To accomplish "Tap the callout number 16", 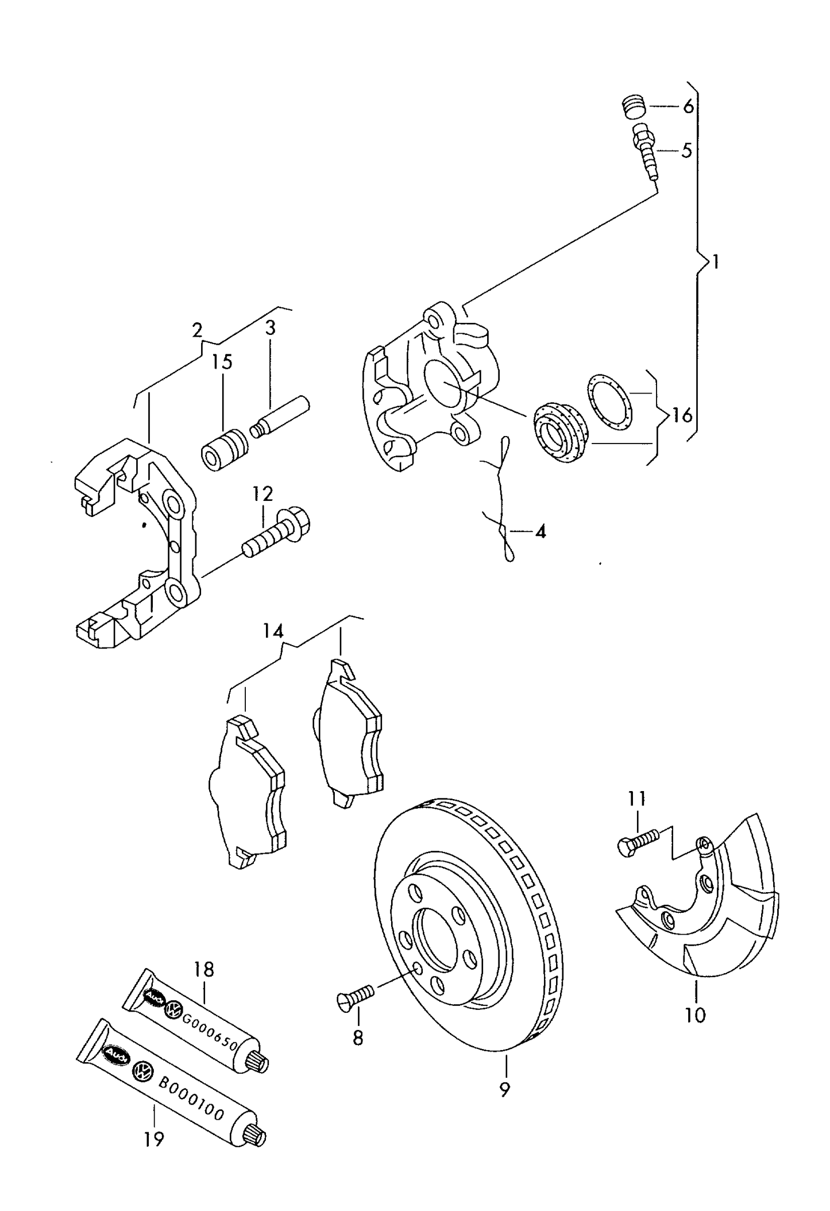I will coord(682,415).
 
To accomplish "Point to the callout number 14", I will coord(273,631).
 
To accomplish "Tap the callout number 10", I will coord(695,1016).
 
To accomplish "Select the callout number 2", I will coord(197,330).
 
